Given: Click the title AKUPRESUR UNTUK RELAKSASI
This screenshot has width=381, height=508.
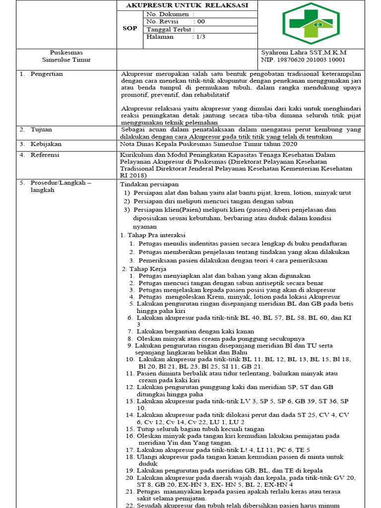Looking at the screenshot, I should pyautogui.click(x=187, y=5).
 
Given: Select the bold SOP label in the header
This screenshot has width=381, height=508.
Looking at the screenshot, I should pyautogui.click(x=130, y=28).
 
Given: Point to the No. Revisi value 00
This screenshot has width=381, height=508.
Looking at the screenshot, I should pyautogui.click(x=200, y=21).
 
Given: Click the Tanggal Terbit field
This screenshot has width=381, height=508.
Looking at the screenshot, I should pyautogui.click(x=171, y=29).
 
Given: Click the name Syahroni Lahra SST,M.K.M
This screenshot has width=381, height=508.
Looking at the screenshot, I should pyautogui.click(x=304, y=52).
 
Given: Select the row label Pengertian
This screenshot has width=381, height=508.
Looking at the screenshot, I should pyautogui.click(x=47, y=74).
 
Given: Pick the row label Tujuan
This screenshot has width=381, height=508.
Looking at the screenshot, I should pyautogui.click(x=42, y=129).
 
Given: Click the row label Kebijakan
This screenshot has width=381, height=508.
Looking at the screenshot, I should pyautogui.click(x=46, y=144).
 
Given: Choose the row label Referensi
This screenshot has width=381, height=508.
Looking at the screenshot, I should pyautogui.click(x=45, y=155).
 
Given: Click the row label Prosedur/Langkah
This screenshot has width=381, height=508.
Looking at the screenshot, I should pyautogui.click(x=61, y=183).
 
